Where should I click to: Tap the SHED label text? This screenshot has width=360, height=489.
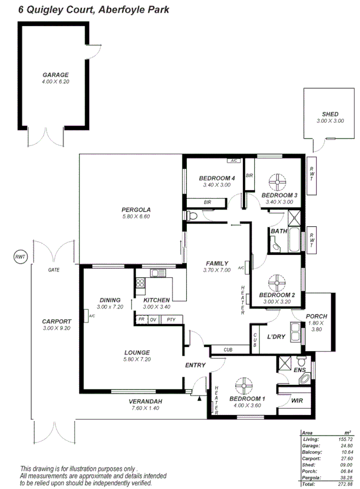330,115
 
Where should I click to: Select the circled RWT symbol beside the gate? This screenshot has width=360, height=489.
20,257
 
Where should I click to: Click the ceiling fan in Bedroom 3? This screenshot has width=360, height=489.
276,182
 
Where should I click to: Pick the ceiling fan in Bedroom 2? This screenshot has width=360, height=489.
275,282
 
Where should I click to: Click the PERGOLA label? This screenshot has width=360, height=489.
136,210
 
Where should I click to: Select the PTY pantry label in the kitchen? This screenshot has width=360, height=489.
171,319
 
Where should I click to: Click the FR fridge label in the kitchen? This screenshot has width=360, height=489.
141,319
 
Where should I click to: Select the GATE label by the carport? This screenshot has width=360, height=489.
54,270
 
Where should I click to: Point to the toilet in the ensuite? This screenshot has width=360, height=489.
304,379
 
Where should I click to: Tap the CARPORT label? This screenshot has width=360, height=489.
57,321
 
